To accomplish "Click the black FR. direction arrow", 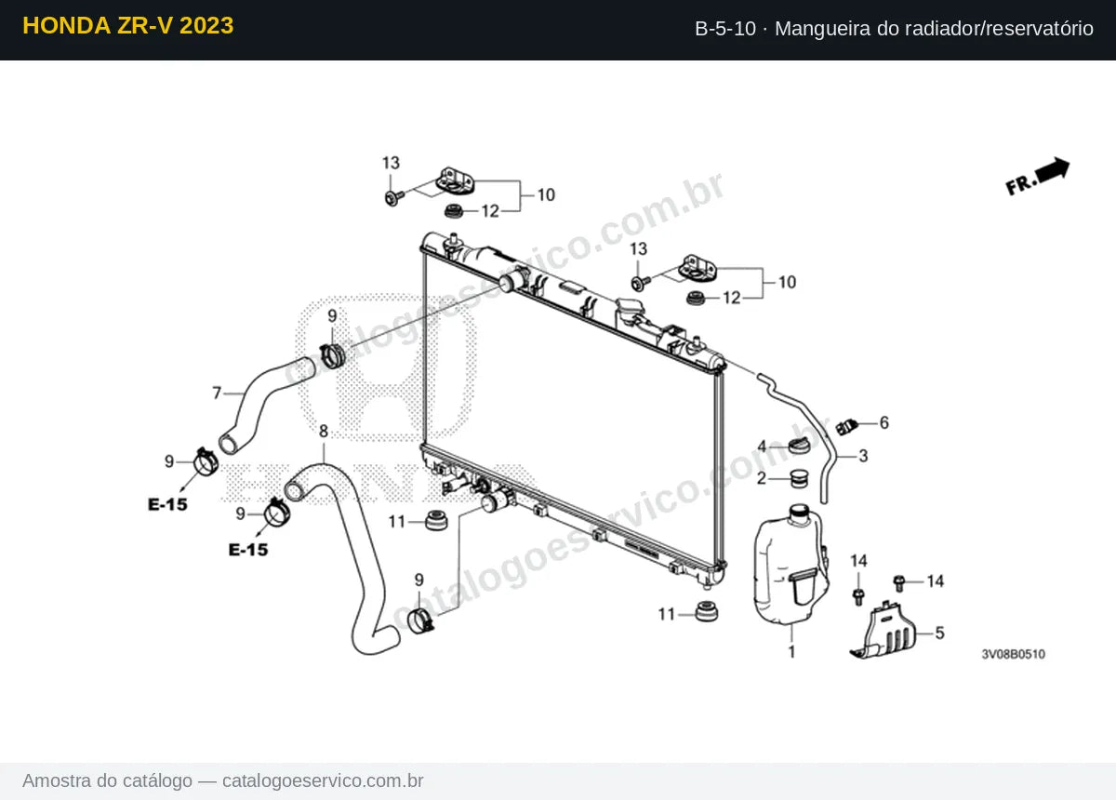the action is tap(1052, 171).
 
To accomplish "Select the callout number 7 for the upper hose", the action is tap(217, 393).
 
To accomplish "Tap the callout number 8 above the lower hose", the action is tap(324, 431).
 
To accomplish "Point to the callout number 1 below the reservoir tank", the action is tap(791, 651).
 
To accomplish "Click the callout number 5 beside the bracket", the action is tap(939, 633).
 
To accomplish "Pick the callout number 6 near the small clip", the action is tap(883, 422).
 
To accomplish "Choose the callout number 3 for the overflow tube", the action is tap(863, 456).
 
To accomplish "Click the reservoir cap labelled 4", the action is tap(800, 445).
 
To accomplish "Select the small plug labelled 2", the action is tap(799, 478).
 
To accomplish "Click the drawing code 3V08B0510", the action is tap(1014, 654).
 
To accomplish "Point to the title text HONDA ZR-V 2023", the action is tap(128, 26).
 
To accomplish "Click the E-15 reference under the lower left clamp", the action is tap(248, 550).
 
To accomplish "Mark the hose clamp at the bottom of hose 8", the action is tap(420, 621).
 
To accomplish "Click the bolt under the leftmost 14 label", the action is tap(858, 596).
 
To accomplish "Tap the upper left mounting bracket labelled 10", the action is tap(455, 181).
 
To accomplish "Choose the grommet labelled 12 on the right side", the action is tap(696, 298).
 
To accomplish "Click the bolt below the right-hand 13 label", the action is tap(640, 283).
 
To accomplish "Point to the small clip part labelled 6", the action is tap(846, 427).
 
